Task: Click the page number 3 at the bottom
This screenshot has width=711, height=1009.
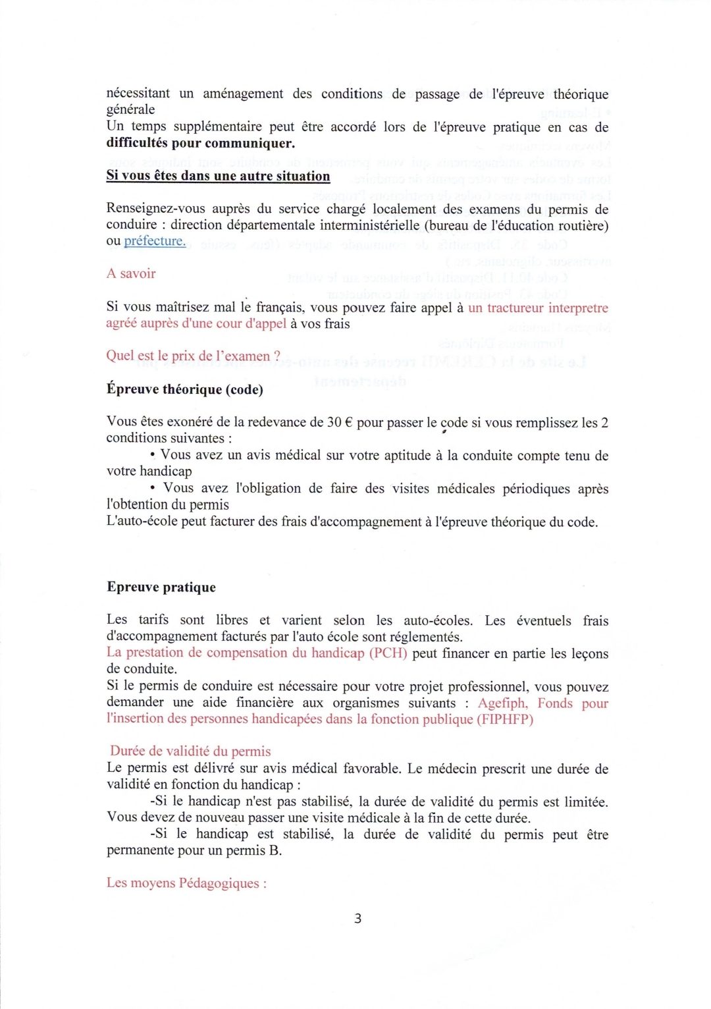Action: tap(357, 918)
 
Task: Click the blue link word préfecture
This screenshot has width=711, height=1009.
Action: tap(155, 241)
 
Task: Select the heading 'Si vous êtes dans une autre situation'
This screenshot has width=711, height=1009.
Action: tap(218, 177)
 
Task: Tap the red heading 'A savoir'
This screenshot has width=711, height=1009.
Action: tap(131, 273)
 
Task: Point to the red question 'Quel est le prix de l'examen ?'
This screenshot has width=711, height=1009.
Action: tap(193, 356)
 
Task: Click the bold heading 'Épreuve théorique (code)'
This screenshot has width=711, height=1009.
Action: tap(185, 389)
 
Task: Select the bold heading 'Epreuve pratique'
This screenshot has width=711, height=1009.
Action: tap(161, 587)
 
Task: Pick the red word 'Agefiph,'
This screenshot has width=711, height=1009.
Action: tap(502, 703)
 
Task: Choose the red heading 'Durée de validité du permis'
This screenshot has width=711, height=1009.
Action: tap(190, 751)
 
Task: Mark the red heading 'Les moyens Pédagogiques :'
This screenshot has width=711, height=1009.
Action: tap(186, 883)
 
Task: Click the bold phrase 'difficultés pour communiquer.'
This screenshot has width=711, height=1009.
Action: tap(201, 143)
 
